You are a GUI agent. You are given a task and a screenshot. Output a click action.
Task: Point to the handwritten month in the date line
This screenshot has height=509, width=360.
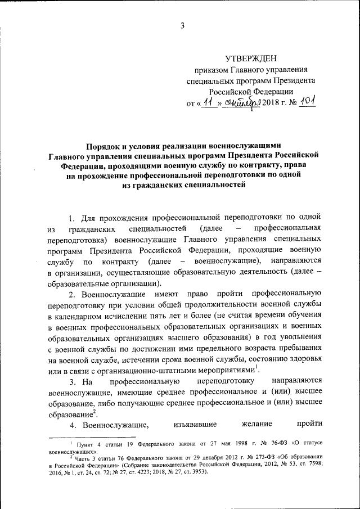pos(241,103)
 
